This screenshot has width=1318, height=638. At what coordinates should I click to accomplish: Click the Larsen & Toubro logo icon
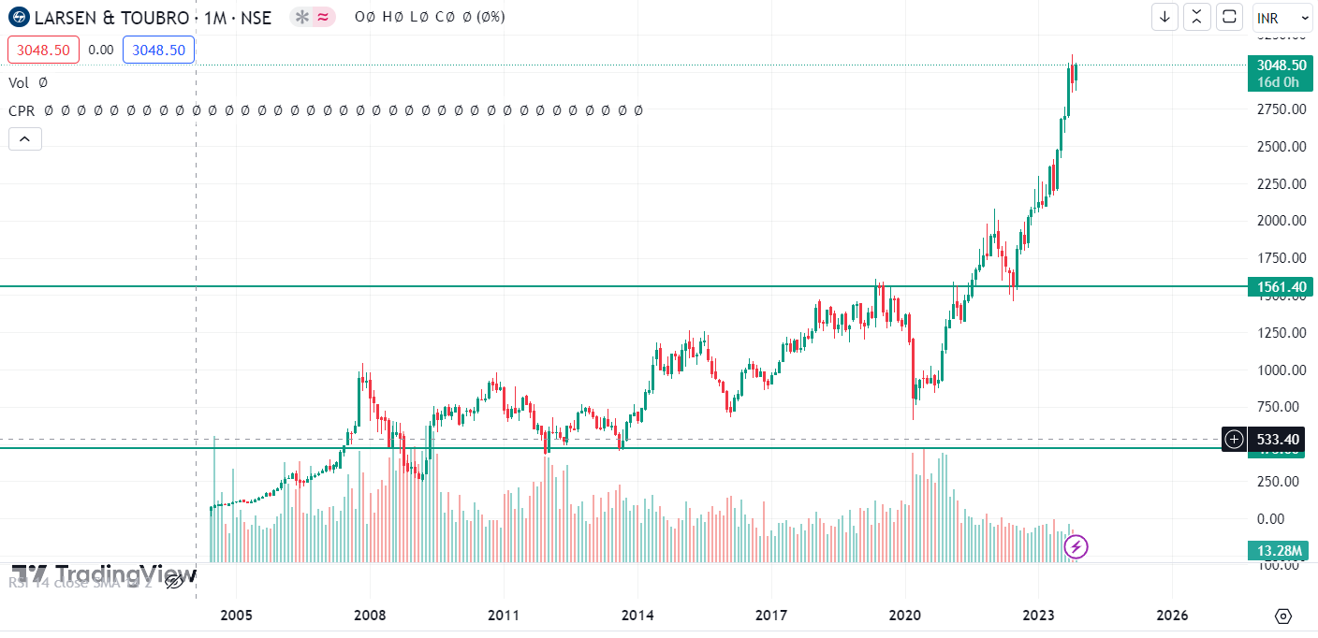coord(18,17)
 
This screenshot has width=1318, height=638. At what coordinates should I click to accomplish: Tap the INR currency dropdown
coord(1281,18)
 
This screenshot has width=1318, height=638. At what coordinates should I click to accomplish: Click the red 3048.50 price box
coord(43,50)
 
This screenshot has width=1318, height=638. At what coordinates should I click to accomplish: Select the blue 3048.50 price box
coord(158,50)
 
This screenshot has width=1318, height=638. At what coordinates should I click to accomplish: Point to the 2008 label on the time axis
coord(370,616)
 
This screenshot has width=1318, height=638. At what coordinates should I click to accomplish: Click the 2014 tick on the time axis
coord(637,616)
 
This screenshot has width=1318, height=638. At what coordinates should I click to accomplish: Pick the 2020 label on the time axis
coord(905,616)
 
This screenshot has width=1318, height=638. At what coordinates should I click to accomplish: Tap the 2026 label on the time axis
coord(1172,616)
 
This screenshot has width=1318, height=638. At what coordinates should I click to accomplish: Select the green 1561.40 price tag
coord(1280,287)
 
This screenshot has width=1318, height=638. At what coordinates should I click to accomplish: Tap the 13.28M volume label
coord(1280,550)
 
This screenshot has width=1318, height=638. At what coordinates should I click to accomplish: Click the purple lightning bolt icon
coord(1076,545)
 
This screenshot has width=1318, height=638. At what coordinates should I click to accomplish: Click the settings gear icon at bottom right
coord(1283,616)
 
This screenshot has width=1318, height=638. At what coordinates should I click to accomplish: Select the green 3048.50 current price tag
coord(1281,65)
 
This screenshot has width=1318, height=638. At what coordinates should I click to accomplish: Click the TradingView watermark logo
coord(103,573)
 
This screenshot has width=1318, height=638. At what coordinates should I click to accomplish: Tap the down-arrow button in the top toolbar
coord(1164,17)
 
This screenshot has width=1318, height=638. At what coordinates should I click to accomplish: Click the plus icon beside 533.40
coord(1235,439)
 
